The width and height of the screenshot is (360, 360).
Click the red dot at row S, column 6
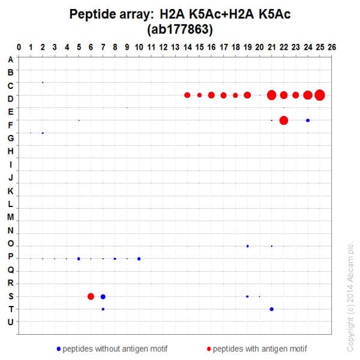pyautogui.click(x=91, y=296)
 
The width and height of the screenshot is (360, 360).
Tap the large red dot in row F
pyautogui.click(x=284, y=120)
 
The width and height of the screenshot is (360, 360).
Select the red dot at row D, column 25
pyautogui.click(x=320, y=95)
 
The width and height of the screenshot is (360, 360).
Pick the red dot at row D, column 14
pyautogui.click(x=187, y=95)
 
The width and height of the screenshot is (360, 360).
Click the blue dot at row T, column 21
pyautogui.click(x=272, y=309)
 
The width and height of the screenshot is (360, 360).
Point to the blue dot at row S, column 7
pyautogui.click(x=103, y=296)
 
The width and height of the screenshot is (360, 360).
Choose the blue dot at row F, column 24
pyautogui.click(x=308, y=120)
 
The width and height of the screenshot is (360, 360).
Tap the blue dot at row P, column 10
pyautogui.click(x=139, y=259)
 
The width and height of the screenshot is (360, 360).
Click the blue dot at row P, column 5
pyautogui.click(x=79, y=259)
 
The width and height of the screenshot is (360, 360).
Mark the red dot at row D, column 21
pyautogui.click(x=272, y=95)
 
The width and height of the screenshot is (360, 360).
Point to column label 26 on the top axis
pyautogui.click(x=332, y=46)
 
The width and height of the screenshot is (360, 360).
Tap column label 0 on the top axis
pyautogui.click(x=19, y=46)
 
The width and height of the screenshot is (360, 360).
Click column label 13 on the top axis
pyautogui.click(x=175, y=46)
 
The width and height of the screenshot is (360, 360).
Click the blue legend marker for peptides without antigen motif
pyautogui.click(x=58, y=348)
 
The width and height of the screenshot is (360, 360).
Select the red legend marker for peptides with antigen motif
pyautogui.click(x=209, y=348)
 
